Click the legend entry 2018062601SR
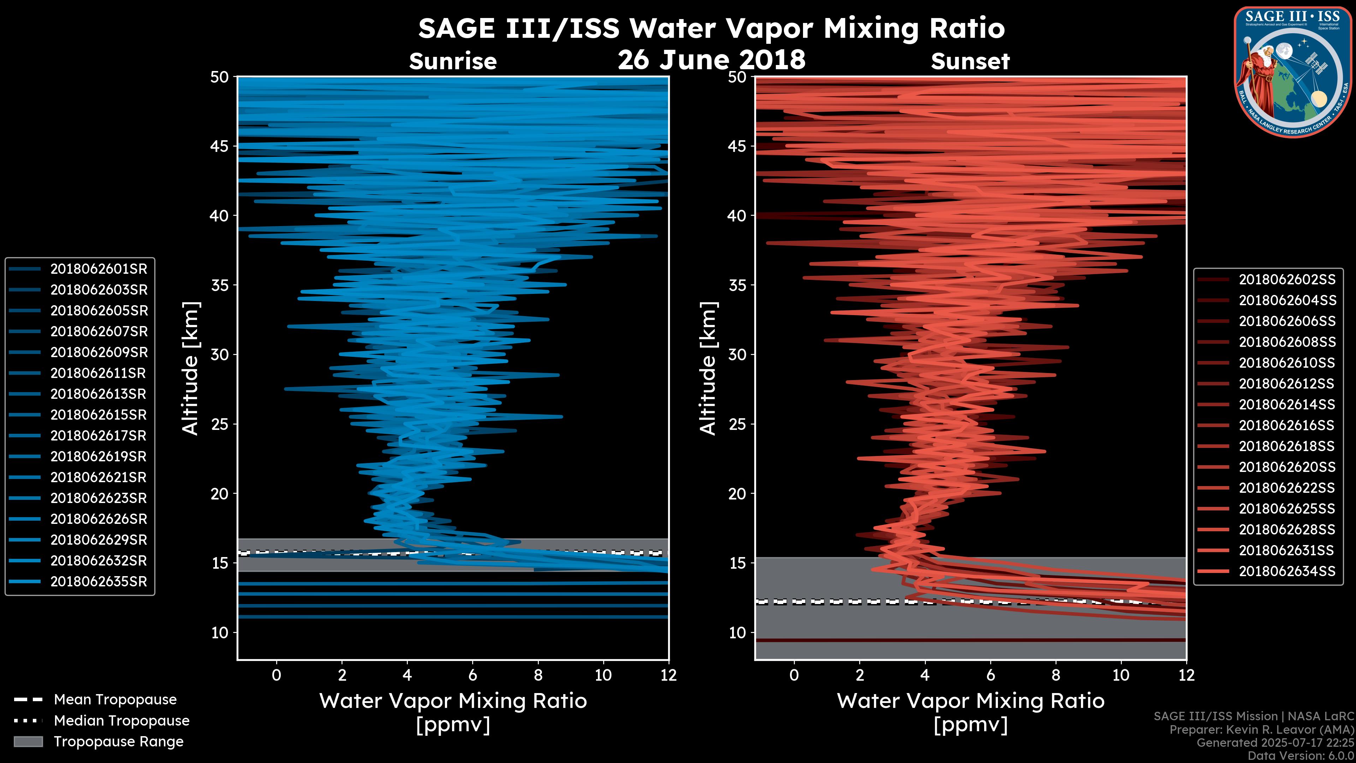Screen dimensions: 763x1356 pyautogui.click(x=99, y=269)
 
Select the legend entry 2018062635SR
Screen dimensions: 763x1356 pyautogui.click(x=99, y=582)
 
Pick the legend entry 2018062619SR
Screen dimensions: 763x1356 pyautogui.click(x=99, y=456)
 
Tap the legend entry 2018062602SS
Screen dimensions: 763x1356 pyautogui.click(x=1286, y=280)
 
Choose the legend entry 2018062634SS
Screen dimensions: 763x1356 pyautogui.click(x=1286, y=571)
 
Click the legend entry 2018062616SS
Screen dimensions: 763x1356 pyautogui.click(x=1286, y=425)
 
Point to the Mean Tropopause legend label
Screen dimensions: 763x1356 pyautogui.click(x=115, y=700)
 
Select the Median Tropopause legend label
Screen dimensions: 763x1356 pyautogui.click(x=121, y=721)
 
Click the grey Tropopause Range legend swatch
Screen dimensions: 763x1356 pyautogui.click(x=28, y=741)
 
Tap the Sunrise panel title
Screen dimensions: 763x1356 pyautogui.click(x=453, y=61)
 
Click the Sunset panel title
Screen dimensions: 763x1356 pyautogui.click(x=970, y=61)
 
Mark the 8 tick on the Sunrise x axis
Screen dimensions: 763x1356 pyautogui.click(x=538, y=675)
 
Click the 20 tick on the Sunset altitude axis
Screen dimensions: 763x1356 pyautogui.click(x=737, y=494)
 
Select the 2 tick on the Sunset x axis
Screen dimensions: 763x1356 pyautogui.click(x=860, y=675)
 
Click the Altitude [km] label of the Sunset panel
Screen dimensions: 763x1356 pyautogui.click(x=708, y=368)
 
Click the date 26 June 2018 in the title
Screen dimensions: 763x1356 pyautogui.click(x=711, y=59)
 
